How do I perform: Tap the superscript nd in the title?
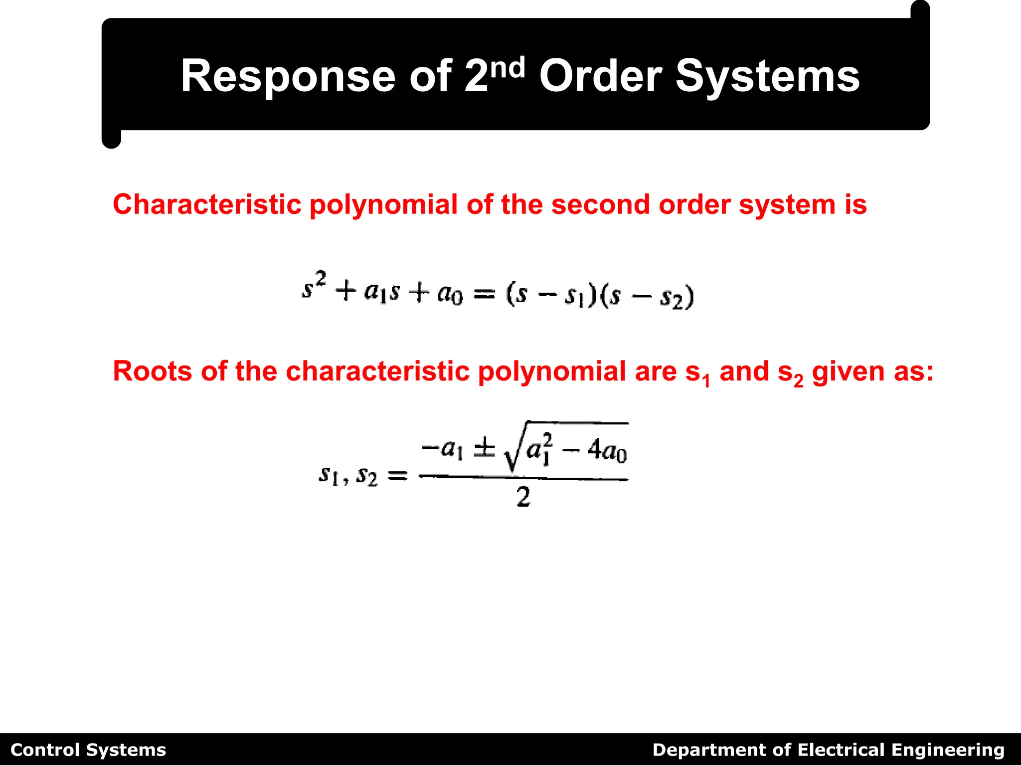click(508, 67)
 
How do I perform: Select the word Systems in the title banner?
click(767, 76)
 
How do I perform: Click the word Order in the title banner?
click(600, 76)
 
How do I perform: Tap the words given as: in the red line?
click(872, 372)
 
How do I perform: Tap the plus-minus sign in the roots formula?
click(484, 449)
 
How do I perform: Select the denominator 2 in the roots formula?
click(523, 497)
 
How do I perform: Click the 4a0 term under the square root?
click(607, 451)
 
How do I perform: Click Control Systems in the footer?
click(88, 750)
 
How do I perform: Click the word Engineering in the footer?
click(948, 750)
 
